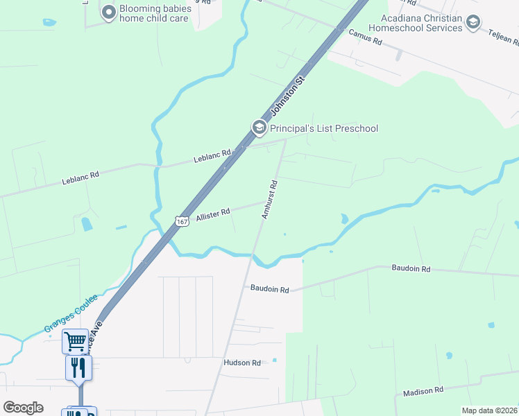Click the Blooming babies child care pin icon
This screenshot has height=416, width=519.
click(x=108, y=12)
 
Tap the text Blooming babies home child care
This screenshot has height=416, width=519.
click(x=155, y=13)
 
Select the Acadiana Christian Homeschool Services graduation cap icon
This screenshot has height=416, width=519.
click(x=473, y=23)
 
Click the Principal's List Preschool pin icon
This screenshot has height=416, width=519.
click(x=259, y=128)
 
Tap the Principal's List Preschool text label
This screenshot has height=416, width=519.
click(x=324, y=128)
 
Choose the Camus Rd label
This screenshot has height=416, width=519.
click(x=366, y=37)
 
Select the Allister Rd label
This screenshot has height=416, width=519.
click(x=213, y=216)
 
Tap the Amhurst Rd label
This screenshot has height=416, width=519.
click(x=269, y=200)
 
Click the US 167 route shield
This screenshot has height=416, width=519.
click(x=182, y=220)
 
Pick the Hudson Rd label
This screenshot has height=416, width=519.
click(x=241, y=363)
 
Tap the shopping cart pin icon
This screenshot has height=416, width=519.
click(x=75, y=341)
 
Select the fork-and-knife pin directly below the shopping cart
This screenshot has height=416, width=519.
click(x=78, y=367)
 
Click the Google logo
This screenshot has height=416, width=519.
click(x=23, y=408)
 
